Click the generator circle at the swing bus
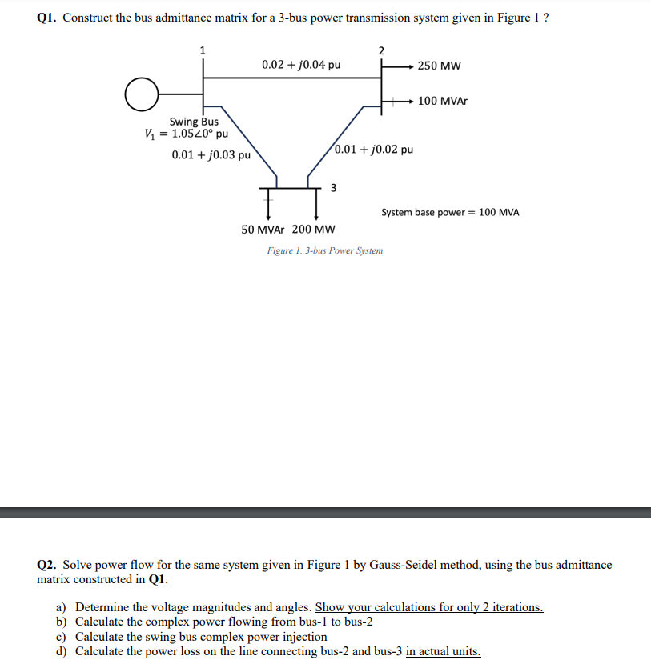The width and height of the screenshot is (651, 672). pyautogui.click(x=140, y=93)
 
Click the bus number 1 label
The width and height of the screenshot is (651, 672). pyautogui.click(x=202, y=50)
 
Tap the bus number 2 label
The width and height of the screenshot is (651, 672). pyautogui.click(x=381, y=50)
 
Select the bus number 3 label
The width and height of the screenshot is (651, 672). pyautogui.click(x=333, y=188)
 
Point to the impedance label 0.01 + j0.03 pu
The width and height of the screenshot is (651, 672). pyautogui.click(x=211, y=154)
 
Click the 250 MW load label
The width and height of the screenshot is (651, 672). pyautogui.click(x=440, y=66)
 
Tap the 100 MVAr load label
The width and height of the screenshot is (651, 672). pyautogui.click(x=443, y=102)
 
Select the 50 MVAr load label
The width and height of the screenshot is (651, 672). pyautogui.click(x=264, y=229)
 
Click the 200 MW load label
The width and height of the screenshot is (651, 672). pyautogui.click(x=314, y=229)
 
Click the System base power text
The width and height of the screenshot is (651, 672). pyautogui.click(x=450, y=212)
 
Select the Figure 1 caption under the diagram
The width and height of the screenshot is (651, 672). pyautogui.click(x=325, y=250)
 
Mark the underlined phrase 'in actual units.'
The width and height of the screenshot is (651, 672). pyautogui.click(x=444, y=651)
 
